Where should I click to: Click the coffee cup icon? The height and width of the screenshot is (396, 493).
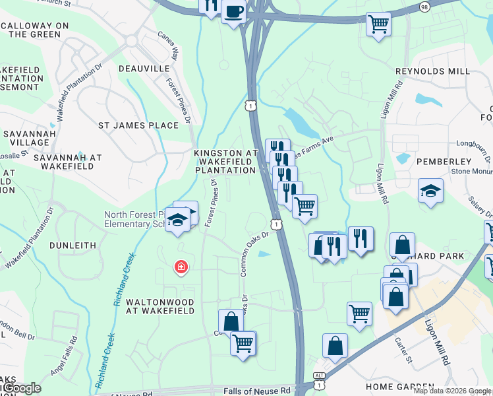coord(233,11)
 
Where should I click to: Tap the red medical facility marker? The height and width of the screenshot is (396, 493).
coord(180,267)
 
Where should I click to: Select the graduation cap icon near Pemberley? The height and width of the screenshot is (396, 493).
coord(430,191)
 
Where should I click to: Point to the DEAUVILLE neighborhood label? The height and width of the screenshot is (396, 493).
coord(149,68)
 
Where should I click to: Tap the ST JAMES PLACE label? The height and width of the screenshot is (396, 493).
coord(138,125)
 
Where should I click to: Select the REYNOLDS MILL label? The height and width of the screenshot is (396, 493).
coord(432,71)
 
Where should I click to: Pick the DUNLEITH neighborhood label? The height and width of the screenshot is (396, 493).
coord(74,245)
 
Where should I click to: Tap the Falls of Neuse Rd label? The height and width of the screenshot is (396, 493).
coord(258,391)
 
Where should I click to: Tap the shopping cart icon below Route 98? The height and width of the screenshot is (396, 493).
coord(378,24)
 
